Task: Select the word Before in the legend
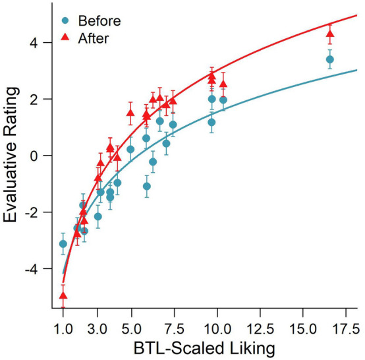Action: (97, 20)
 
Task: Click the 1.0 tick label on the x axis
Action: (63, 326)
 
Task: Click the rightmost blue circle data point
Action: (330, 59)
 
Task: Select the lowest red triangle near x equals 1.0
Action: (63, 295)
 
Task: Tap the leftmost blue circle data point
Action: (63, 244)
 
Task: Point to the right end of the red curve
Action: (357, 15)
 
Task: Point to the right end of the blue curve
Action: (357, 69)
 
